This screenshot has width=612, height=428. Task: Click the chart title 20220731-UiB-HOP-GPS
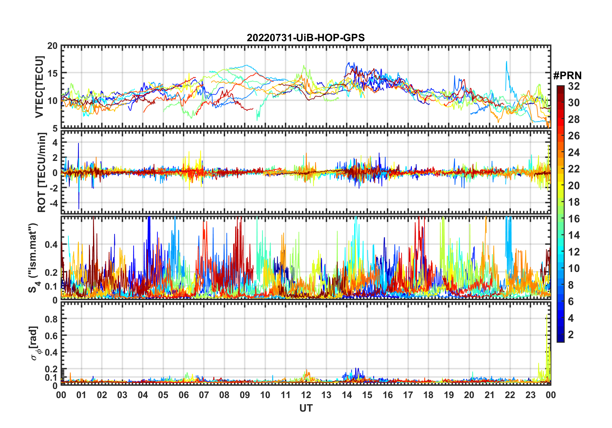(x=306, y=38)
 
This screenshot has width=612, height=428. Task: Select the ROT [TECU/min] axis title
(x=42, y=172)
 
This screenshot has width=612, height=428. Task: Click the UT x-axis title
(x=306, y=408)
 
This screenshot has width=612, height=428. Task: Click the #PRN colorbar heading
(x=567, y=76)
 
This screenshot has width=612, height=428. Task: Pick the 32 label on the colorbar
(x=574, y=86)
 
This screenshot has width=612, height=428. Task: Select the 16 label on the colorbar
(x=574, y=219)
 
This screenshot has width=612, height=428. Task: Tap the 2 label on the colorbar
(x=571, y=335)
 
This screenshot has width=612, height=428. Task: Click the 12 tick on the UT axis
(x=306, y=395)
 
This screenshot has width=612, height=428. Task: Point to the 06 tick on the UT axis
(x=184, y=395)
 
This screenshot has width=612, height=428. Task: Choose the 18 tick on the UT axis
(x=428, y=395)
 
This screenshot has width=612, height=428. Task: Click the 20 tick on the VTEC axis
(x=52, y=46)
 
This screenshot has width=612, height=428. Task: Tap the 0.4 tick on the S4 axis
(x=51, y=245)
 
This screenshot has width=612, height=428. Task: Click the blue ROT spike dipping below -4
(x=79, y=208)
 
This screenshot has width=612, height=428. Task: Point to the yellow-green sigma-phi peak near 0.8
(x=546, y=317)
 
